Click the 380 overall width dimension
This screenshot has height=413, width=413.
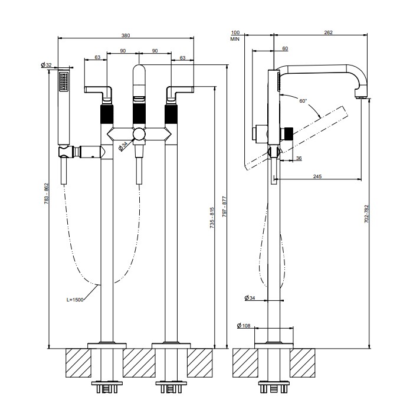click(126, 35)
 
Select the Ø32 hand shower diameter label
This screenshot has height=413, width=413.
click(46, 64)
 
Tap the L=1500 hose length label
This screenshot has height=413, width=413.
click(74, 300)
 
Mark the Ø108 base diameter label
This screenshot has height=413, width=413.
click(245, 326)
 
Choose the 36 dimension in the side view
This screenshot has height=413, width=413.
click(299, 158)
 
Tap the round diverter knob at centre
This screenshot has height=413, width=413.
click(139, 135)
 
